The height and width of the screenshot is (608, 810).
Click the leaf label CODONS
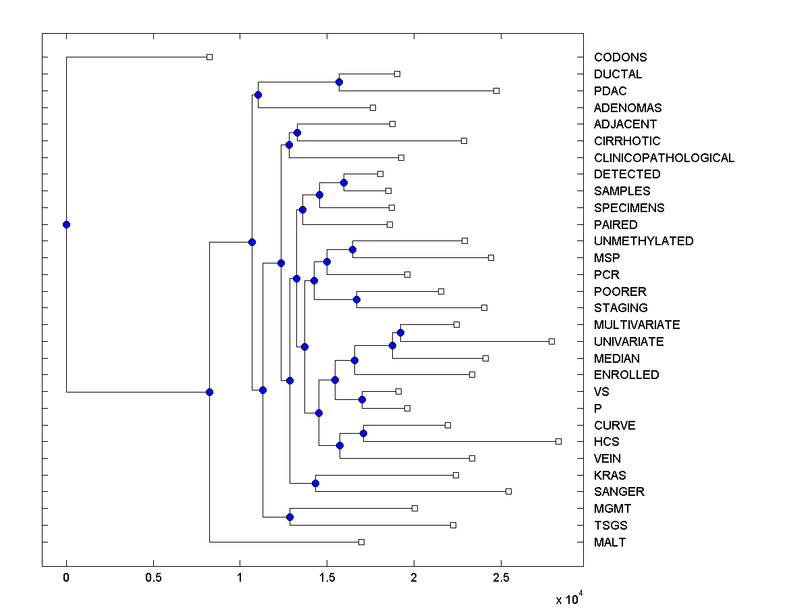tap(620, 57)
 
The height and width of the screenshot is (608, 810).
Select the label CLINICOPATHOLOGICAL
tap(664, 158)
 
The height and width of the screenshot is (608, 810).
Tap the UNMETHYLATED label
tap(643, 241)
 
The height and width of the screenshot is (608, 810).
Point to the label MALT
tap(610, 542)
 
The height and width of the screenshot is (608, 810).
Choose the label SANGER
tap(619, 492)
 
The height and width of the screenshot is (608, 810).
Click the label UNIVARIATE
tap(628, 342)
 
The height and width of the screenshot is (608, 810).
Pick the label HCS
tap(606, 442)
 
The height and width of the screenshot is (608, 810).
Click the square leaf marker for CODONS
tap(209, 57)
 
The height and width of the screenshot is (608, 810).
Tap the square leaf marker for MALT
tap(361, 542)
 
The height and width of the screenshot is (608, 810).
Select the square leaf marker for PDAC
tap(496, 91)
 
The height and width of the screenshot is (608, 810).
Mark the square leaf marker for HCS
tap(558, 441)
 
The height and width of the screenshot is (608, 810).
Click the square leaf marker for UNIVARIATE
tap(551, 341)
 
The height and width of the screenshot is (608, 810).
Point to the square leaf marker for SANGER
tap(508, 491)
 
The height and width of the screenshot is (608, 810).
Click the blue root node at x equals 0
tap(66, 224)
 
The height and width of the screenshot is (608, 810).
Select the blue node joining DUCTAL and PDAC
tap(339, 82)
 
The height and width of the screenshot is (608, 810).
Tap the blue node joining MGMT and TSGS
tap(290, 517)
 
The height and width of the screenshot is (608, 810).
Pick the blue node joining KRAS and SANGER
tap(315, 483)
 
